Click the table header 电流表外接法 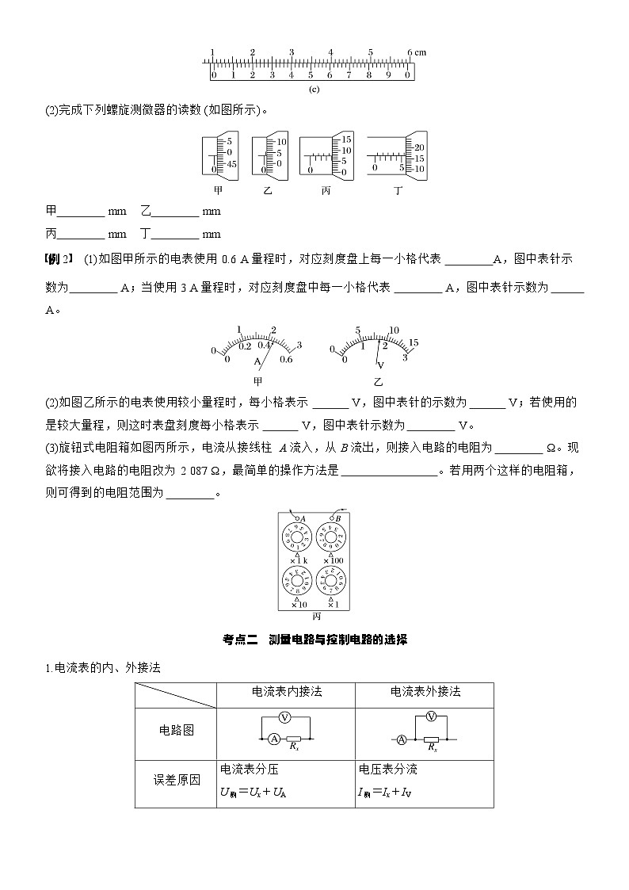tap(425, 692)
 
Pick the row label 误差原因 tap(176, 779)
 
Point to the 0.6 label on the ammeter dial tap(287, 359)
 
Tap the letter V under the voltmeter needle tap(380, 365)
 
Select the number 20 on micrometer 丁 tap(419, 148)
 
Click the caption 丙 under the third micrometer tap(326, 191)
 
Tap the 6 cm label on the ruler tap(417, 52)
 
